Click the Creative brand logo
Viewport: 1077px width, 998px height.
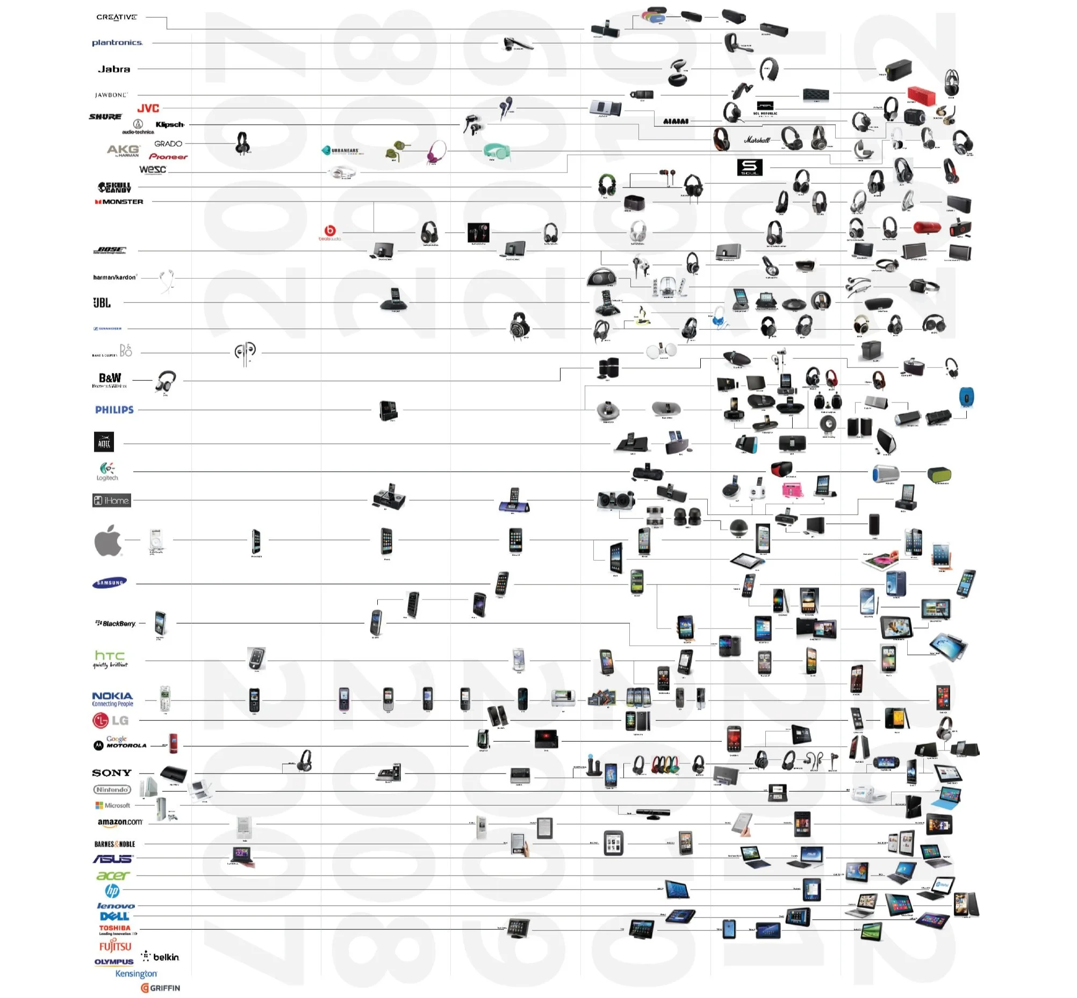[116, 17]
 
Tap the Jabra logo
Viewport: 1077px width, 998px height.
[114, 69]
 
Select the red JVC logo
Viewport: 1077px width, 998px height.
[148, 109]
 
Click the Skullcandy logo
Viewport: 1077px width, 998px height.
[114, 187]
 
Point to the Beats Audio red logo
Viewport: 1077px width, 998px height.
[329, 232]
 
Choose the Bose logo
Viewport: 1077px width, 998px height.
[110, 250]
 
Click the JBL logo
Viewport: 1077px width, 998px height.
[102, 302]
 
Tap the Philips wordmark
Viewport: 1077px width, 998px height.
[114, 410]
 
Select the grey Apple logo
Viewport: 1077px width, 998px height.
[108, 540]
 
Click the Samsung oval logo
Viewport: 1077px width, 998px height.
[110, 583]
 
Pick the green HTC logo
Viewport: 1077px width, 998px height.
[110, 659]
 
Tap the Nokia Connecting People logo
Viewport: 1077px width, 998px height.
[112, 699]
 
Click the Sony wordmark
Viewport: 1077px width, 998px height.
[112, 773]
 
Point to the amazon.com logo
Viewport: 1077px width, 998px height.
[120, 822]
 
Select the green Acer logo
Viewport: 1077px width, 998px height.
[113, 876]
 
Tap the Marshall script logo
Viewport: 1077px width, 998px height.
[757, 140]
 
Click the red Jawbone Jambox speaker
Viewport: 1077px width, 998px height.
[921, 95]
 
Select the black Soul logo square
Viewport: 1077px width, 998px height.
[750, 168]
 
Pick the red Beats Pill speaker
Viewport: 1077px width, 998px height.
[927, 228]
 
